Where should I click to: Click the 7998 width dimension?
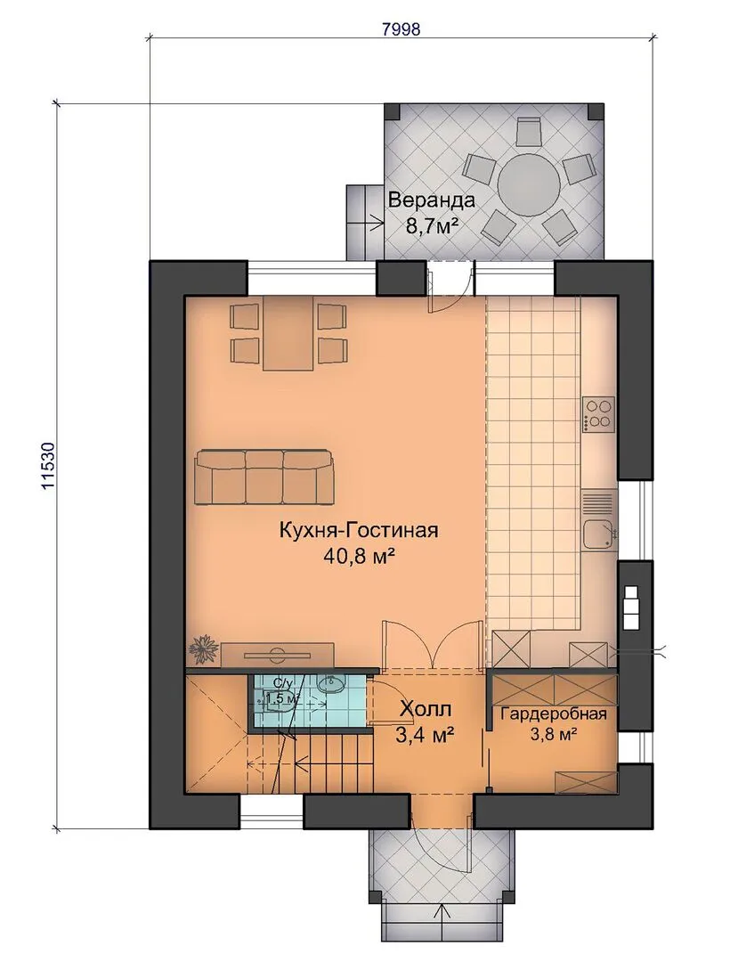coord(401,29)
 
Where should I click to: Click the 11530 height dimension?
coord(48,466)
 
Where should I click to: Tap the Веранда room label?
coord(432,200)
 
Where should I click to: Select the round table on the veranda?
coord(529,183)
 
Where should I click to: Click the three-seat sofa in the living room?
coord(265,477)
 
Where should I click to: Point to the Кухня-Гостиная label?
coord(359,529)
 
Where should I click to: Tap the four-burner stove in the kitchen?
coord(599,414)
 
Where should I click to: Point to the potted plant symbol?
coord(202,650)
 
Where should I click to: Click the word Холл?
coord(426,709)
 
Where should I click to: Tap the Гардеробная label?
coord(554,713)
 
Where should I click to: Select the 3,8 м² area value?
coord(554,733)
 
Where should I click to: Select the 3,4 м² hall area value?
coord(426,734)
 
